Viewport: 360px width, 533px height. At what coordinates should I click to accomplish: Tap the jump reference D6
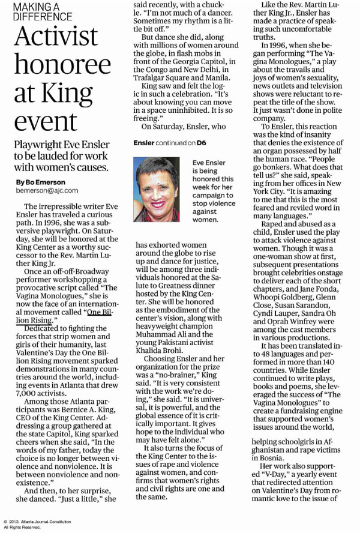[203, 143]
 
